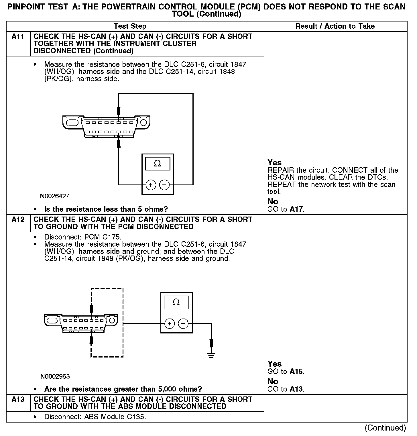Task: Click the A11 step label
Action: pos(18,37)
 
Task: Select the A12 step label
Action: pos(18,220)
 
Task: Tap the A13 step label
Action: pos(18,399)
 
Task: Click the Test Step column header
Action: pos(130,26)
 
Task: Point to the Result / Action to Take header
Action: pos(335,26)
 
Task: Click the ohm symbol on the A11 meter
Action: pos(157,164)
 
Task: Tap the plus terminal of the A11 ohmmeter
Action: pos(151,185)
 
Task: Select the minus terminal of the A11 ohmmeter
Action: pos(164,185)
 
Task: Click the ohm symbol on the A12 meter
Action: pos(176,302)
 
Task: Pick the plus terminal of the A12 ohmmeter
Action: pos(170,324)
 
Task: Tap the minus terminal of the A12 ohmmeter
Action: pos(183,324)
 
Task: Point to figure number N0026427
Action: pos(54,197)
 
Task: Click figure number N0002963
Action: pos(55,376)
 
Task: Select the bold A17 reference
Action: pos(296,209)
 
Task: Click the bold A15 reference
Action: pos(296,372)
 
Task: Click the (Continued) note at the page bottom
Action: pos(385,428)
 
